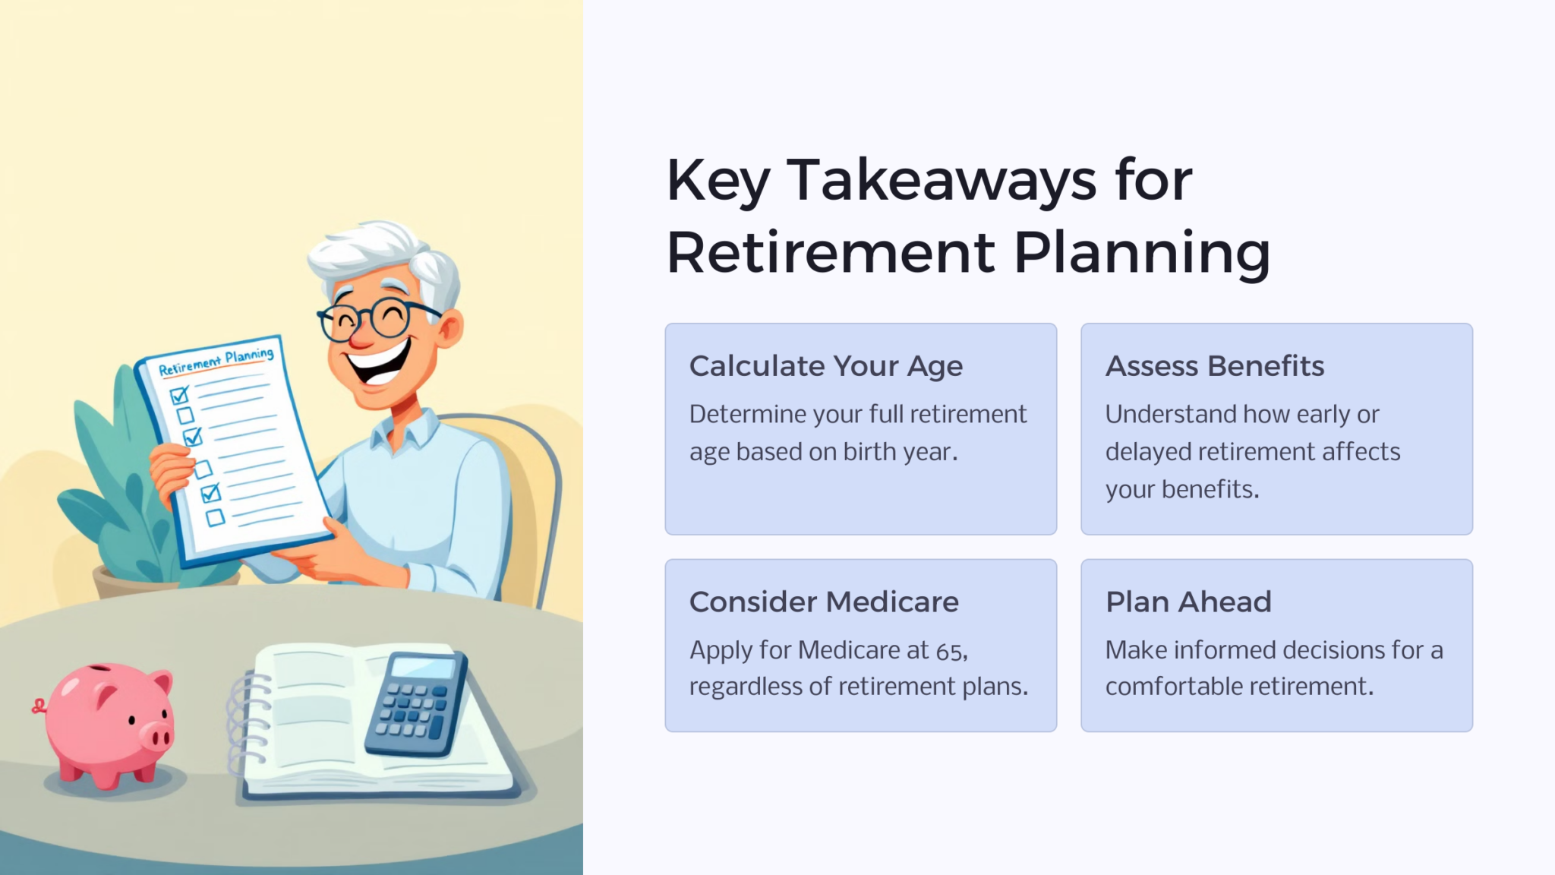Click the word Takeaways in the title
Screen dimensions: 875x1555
(941, 181)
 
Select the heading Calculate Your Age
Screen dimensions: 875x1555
(825, 366)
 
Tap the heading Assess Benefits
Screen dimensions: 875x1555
(1214, 366)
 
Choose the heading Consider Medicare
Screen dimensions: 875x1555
(824, 602)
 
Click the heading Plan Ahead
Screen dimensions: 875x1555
(1188, 602)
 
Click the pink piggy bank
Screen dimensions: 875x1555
(106, 722)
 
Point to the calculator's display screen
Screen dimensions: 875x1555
(423, 668)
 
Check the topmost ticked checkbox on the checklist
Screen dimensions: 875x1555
(179, 395)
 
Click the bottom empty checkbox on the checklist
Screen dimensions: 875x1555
(216, 517)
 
